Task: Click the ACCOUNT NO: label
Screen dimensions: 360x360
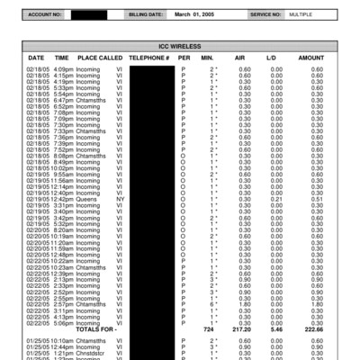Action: point(45,15)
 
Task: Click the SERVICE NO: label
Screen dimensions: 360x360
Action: point(265,15)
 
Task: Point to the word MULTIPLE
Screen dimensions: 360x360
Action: point(301,15)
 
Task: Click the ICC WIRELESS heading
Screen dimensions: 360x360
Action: point(179,45)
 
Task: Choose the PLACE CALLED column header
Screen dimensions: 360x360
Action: point(100,57)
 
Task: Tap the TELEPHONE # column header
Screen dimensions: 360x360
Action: point(149,57)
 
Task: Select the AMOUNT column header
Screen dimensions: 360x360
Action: point(310,57)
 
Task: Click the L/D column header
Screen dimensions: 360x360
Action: point(271,57)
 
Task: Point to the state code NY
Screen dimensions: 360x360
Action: point(120,198)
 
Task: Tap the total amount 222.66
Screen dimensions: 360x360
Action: point(310,330)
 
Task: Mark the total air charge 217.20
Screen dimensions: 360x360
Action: point(241,330)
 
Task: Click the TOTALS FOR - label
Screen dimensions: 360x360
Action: point(97,330)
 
